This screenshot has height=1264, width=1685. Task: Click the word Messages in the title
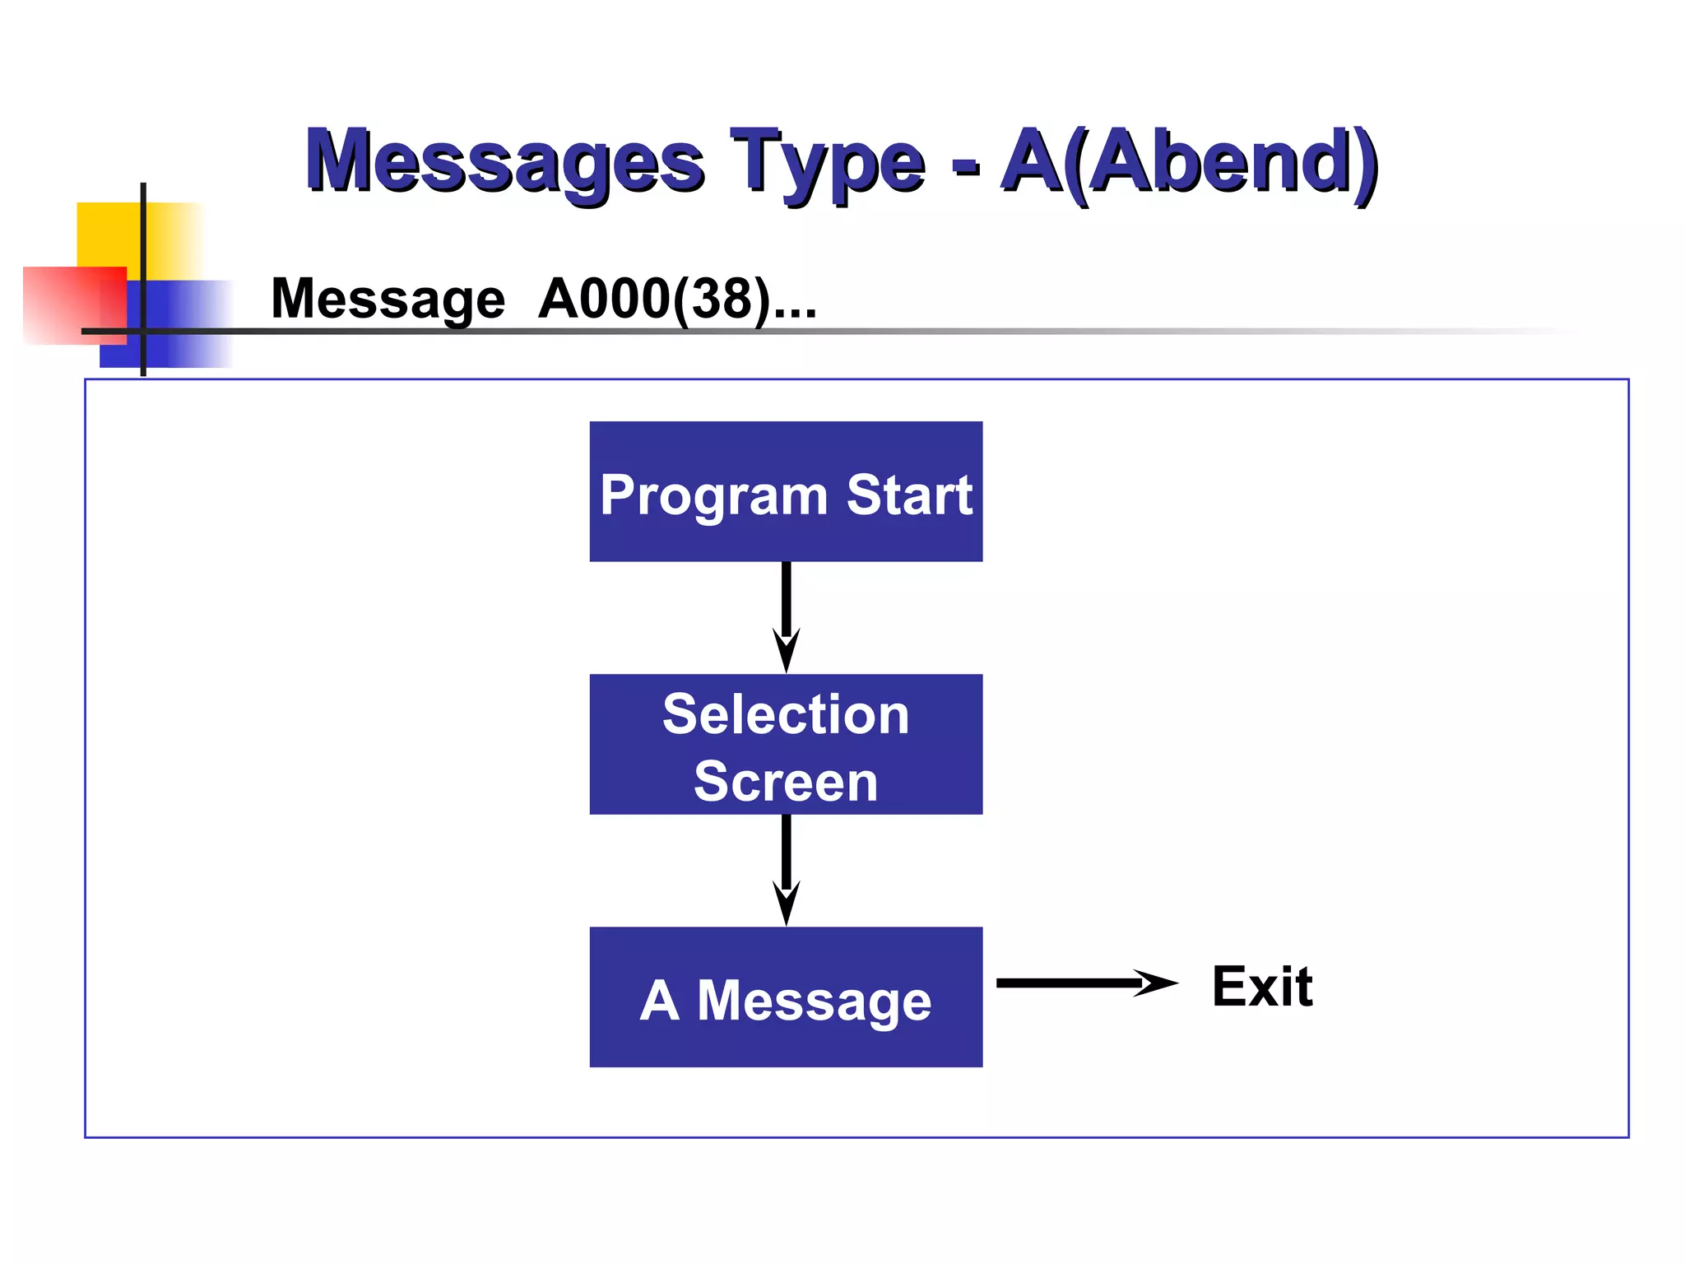point(504,160)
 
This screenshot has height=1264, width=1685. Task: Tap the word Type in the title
point(827,160)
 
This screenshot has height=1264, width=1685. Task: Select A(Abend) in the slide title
point(1189,160)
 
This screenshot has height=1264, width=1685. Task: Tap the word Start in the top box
point(909,495)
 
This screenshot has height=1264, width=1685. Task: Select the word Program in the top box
point(713,496)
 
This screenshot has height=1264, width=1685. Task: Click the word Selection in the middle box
point(786,713)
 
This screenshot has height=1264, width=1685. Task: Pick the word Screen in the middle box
point(786,781)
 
